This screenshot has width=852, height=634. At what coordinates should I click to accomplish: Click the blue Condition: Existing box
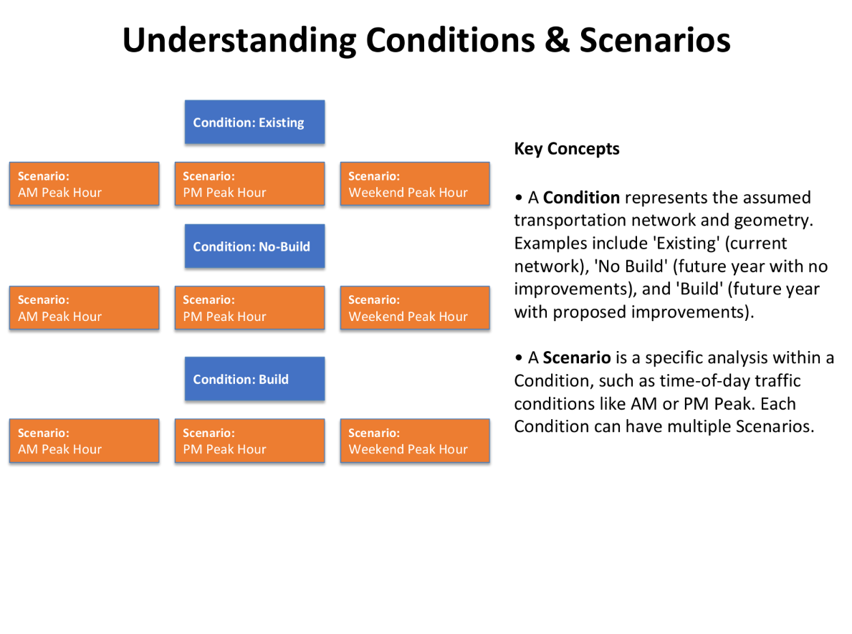click(x=254, y=123)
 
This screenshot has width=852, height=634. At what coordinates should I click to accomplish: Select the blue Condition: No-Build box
click(x=254, y=246)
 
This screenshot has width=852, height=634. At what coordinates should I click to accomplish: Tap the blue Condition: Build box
click(x=254, y=379)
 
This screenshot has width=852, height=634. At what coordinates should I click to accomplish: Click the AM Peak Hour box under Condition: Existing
click(x=84, y=184)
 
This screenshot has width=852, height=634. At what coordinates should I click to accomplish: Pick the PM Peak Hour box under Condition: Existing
click(x=249, y=184)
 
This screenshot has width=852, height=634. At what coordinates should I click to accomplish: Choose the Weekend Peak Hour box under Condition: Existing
click(x=415, y=184)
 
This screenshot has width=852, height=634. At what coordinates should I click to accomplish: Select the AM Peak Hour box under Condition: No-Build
click(x=84, y=308)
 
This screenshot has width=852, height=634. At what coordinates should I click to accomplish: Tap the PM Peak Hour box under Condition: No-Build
click(x=249, y=308)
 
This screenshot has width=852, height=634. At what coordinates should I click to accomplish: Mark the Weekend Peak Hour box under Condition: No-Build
click(x=415, y=308)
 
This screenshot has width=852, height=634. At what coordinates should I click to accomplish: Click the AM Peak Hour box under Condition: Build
click(x=84, y=441)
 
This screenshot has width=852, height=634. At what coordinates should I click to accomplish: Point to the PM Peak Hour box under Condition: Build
click(x=249, y=441)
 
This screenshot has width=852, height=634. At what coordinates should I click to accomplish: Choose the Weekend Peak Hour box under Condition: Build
click(x=415, y=441)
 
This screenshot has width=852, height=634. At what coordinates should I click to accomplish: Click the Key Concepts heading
click(x=567, y=149)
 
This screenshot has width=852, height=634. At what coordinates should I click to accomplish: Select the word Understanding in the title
click(x=239, y=40)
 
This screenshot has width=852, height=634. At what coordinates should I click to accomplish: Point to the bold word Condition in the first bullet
click(x=581, y=198)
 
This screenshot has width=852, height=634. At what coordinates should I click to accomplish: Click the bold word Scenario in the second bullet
click(x=577, y=358)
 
